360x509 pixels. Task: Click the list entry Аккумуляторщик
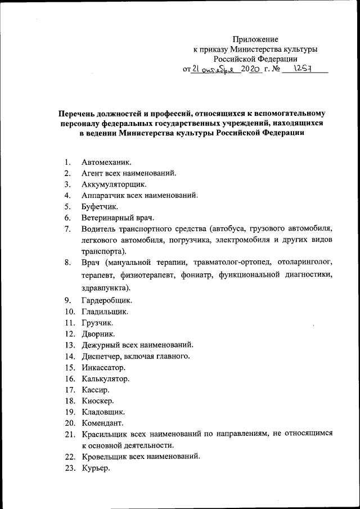point(113,184)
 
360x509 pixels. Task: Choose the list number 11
point(69,323)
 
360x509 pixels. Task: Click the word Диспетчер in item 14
point(101,356)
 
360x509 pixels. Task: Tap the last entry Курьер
point(95,468)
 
